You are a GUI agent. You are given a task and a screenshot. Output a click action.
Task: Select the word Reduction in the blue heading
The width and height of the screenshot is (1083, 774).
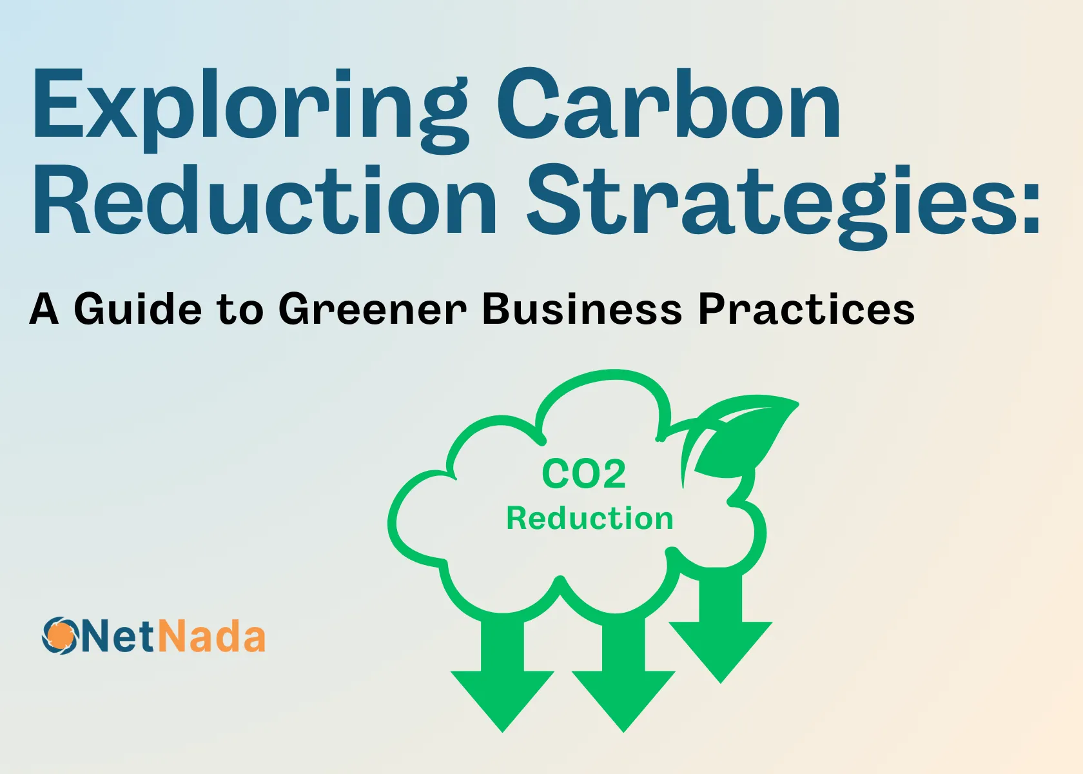(264, 201)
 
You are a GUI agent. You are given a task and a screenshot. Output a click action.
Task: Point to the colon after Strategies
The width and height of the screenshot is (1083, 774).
(1031, 206)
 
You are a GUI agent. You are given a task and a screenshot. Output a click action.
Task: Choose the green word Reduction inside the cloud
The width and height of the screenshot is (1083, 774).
(589, 519)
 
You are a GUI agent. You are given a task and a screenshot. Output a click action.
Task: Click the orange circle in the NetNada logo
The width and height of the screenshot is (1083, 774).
(60, 635)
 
